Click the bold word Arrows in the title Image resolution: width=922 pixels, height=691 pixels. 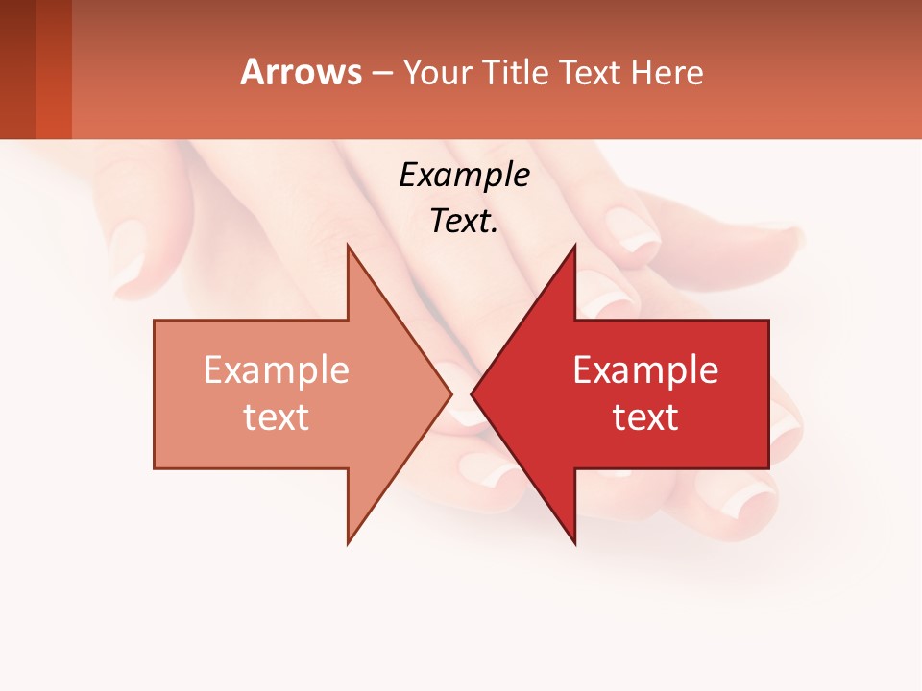(301, 72)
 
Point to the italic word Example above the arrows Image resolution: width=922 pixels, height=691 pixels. (464, 176)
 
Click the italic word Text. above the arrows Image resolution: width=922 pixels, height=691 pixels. (464, 222)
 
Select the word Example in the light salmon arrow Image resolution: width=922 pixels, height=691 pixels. (276, 370)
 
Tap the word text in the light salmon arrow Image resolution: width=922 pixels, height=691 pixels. (276, 417)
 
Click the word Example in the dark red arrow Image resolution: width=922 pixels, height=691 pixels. (645, 370)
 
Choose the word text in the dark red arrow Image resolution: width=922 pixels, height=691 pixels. (645, 417)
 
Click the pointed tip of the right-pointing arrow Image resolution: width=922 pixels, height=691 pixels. (450, 394)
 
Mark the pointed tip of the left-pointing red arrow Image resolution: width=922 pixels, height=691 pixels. (473, 394)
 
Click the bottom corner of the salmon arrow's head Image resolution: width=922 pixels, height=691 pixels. (349, 542)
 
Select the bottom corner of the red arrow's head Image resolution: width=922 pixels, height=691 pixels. (574, 542)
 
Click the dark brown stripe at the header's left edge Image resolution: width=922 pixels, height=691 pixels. (17, 69)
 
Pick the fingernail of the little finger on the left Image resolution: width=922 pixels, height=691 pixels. (128, 254)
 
